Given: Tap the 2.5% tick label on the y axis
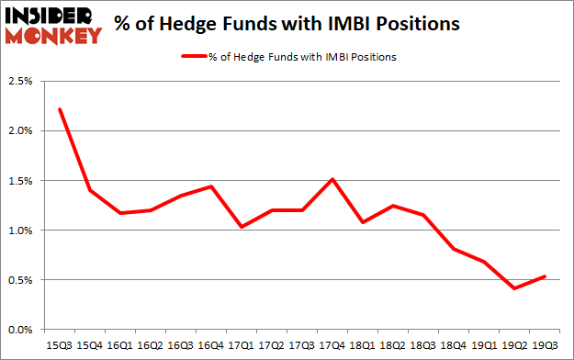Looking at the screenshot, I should click(20, 82).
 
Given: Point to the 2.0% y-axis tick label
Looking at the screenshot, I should click(20, 131).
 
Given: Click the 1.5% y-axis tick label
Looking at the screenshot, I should click(20, 181).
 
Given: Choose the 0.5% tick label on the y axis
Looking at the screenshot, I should click(20, 280).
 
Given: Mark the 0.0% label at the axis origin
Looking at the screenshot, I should click(20, 330).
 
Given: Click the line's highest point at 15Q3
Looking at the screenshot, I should click(59, 109).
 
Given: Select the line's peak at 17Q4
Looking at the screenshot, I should click(331, 179).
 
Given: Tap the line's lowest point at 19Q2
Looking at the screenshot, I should click(515, 288).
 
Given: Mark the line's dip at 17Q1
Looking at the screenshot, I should click(241, 227).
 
